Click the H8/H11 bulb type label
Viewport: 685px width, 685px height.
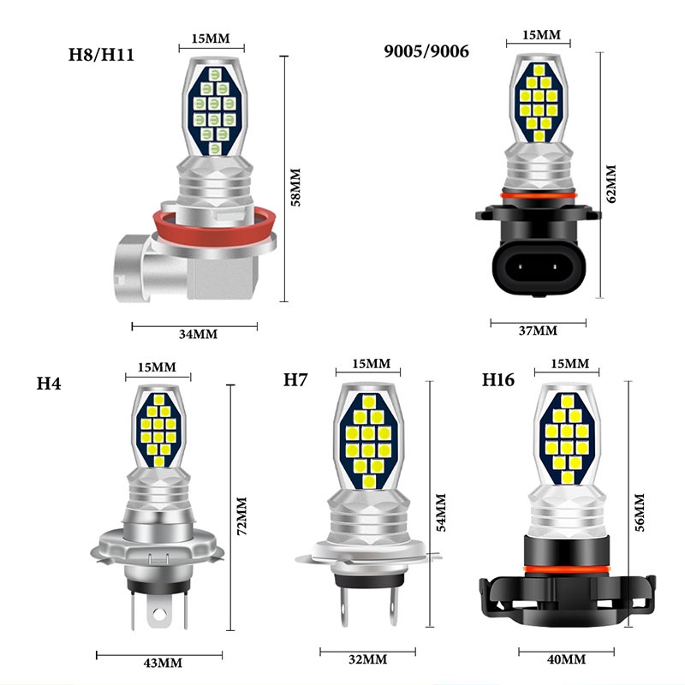[102, 57]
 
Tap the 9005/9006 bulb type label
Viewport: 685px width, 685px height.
[426, 51]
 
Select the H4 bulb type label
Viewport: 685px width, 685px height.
[48, 382]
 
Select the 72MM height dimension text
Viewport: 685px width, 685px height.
[241, 515]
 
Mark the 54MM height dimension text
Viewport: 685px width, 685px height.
[442, 512]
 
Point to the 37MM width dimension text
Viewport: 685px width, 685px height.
[537, 331]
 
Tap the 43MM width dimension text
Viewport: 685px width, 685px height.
[162, 663]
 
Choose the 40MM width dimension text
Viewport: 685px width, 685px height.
[564, 659]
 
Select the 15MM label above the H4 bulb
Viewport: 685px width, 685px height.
[157, 367]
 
